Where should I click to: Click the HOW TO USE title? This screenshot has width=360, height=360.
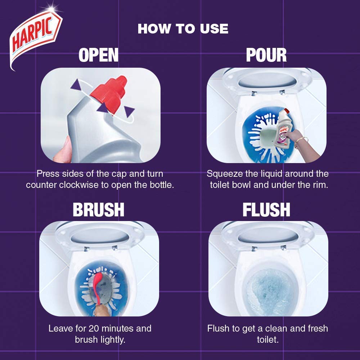click(x=183, y=29)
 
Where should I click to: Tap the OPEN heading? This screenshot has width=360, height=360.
click(x=99, y=55)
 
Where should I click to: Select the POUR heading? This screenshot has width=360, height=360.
click(x=266, y=55)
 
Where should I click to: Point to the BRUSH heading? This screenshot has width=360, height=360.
click(x=99, y=210)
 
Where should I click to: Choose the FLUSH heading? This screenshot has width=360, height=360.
click(x=266, y=210)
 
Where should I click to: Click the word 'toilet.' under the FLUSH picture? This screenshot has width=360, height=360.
click(x=268, y=339)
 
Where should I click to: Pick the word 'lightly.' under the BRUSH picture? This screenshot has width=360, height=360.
click(x=112, y=340)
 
